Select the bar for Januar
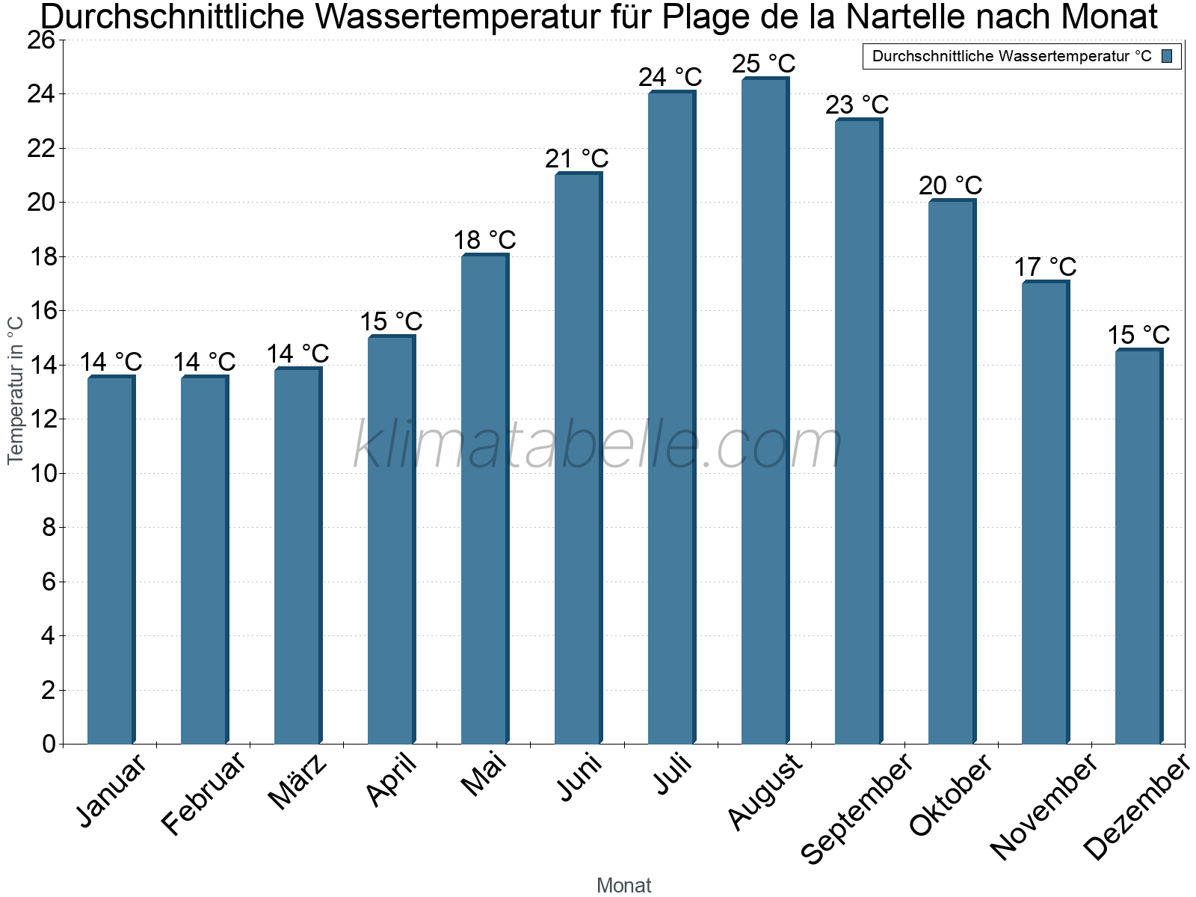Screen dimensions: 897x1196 pyautogui.click(x=111, y=561)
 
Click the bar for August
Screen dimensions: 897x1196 pyautogui.click(x=765, y=411)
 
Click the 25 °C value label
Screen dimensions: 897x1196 pyautogui.click(x=763, y=64)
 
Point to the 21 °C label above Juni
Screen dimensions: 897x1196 pyautogui.click(x=576, y=158)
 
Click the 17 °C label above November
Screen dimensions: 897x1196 pyautogui.click(x=1044, y=267)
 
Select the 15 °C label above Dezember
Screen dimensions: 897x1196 pyautogui.click(x=1138, y=335)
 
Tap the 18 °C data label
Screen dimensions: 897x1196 pyautogui.click(x=484, y=240)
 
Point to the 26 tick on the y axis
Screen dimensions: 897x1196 pyautogui.click(x=41, y=40)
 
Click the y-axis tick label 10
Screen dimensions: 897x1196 pyautogui.click(x=41, y=473)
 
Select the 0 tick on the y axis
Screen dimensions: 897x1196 pyautogui.click(x=49, y=744)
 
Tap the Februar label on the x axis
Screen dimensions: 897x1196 pyautogui.click(x=203, y=794)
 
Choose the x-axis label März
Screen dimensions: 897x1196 pyautogui.click(x=298, y=782)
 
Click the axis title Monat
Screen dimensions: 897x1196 pyautogui.click(x=623, y=886)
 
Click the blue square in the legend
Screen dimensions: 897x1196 pyautogui.click(x=1167, y=56)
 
